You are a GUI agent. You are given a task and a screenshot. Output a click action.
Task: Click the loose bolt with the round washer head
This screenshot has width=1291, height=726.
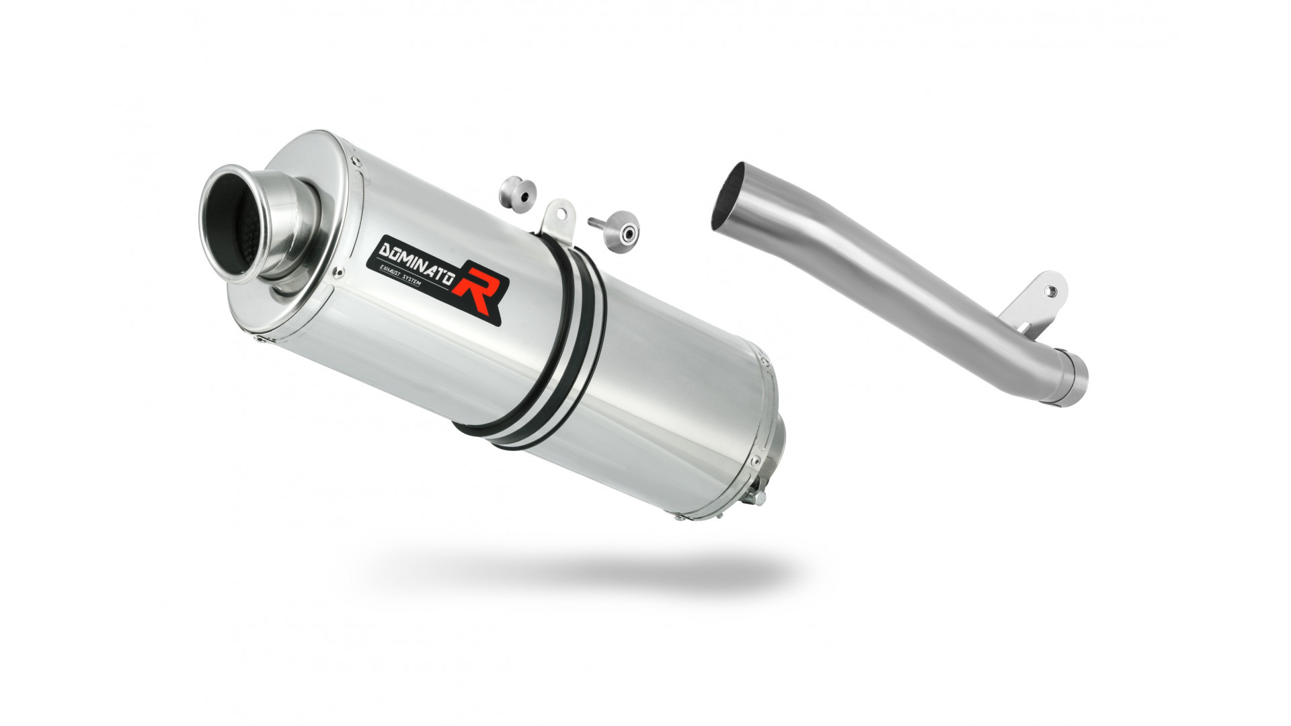pos(616,227)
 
